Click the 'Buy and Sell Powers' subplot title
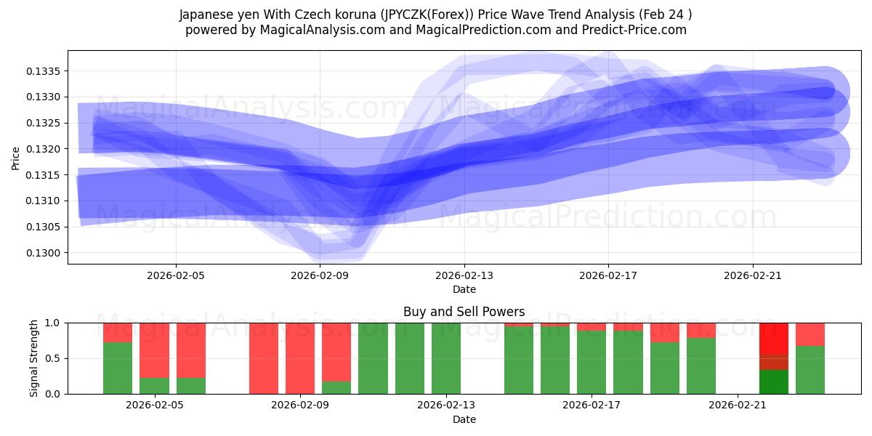coord(464,312)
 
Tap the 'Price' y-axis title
coord(16,157)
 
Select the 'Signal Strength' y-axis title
coord(34,358)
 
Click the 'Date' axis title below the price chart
coord(464,289)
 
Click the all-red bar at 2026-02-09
coord(299,358)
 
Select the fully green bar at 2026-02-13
coord(445,358)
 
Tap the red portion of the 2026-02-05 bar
coord(154,350)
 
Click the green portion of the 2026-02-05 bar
coord(154,386)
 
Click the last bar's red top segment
coord(810,334)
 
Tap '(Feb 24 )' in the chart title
coord(662,15)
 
